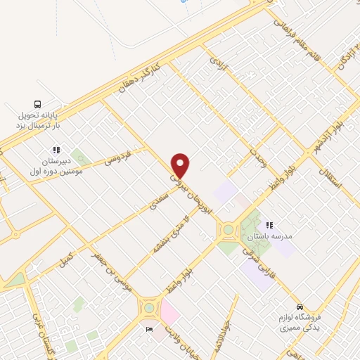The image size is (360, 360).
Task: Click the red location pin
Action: tap(181, 166)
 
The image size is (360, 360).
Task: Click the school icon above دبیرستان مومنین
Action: tap(56, 149)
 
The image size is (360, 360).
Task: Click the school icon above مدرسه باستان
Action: tap(269, 225)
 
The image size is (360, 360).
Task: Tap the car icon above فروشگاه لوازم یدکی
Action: tap(300, 307)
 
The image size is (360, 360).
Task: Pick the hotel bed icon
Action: tap(148, 329)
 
